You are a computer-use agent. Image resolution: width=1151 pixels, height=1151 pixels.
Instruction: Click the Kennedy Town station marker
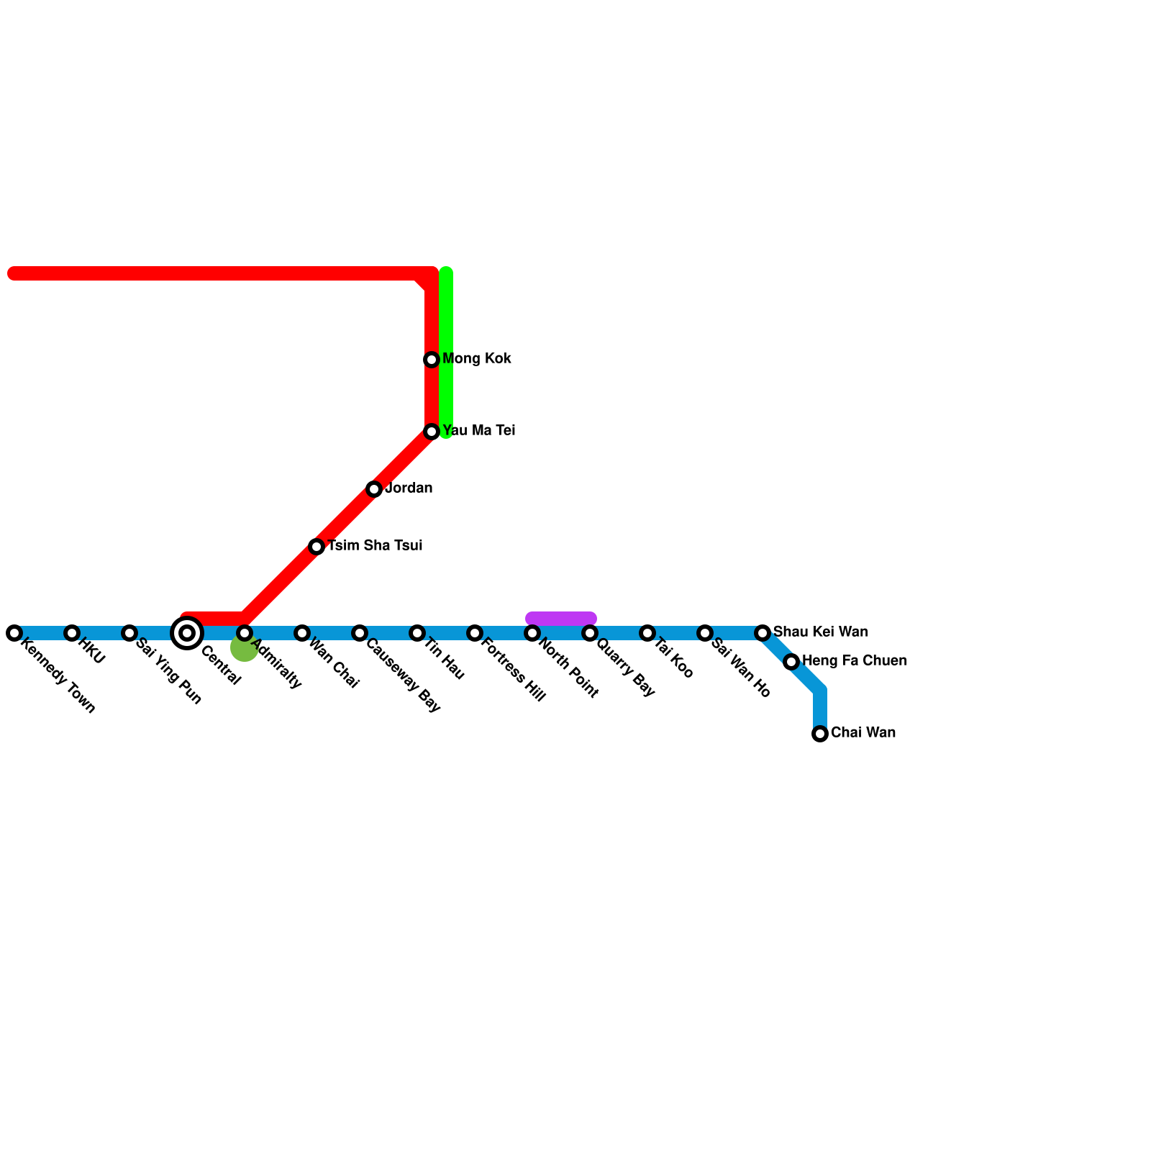coord(14,633)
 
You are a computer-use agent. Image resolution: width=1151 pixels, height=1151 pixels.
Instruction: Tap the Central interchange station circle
coord(187,633)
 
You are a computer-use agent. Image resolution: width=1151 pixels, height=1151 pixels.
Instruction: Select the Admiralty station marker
coord(245,633)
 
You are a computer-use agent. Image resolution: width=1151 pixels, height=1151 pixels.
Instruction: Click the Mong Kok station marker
coord(432,360)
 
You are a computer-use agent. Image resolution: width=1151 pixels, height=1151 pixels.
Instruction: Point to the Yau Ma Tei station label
coord(478,431)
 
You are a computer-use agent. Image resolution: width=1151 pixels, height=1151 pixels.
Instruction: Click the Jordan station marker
coord(374,489)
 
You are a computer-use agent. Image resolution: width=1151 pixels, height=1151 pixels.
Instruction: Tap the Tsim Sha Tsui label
coord(375,546)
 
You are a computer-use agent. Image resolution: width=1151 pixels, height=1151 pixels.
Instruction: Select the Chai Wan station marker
coord(820,734)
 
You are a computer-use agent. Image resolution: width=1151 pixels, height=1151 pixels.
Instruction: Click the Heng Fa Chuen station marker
coord(791,662)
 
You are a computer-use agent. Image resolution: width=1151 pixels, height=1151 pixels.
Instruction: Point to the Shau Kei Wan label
coord(820,632)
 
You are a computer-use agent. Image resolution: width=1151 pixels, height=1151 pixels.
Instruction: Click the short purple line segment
coord(561,619)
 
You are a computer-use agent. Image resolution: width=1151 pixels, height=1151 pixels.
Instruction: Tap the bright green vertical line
coord(446,324)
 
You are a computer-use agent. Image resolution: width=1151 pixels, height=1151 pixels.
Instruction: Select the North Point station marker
coord(532,633)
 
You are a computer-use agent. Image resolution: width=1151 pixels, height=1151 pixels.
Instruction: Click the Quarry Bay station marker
coord(590,633)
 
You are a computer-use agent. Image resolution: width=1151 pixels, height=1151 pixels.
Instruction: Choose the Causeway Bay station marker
coord(360,633)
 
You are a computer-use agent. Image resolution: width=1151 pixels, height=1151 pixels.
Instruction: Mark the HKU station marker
coord(72,633)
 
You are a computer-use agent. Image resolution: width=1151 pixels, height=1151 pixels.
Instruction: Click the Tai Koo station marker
coord(647,633)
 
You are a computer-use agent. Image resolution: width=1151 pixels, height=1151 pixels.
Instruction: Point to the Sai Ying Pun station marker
coord(129,633)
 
